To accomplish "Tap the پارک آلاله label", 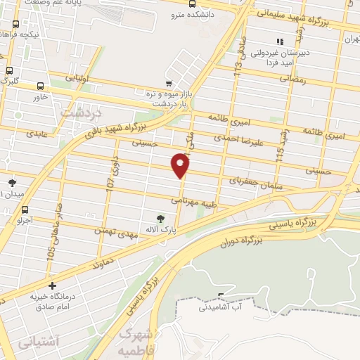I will pos(161,229).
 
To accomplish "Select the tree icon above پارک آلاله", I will pos(162,218).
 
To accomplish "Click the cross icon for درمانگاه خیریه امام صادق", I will pos(52,285).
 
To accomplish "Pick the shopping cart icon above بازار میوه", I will pos(168,83).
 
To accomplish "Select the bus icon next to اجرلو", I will pos(26,209).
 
